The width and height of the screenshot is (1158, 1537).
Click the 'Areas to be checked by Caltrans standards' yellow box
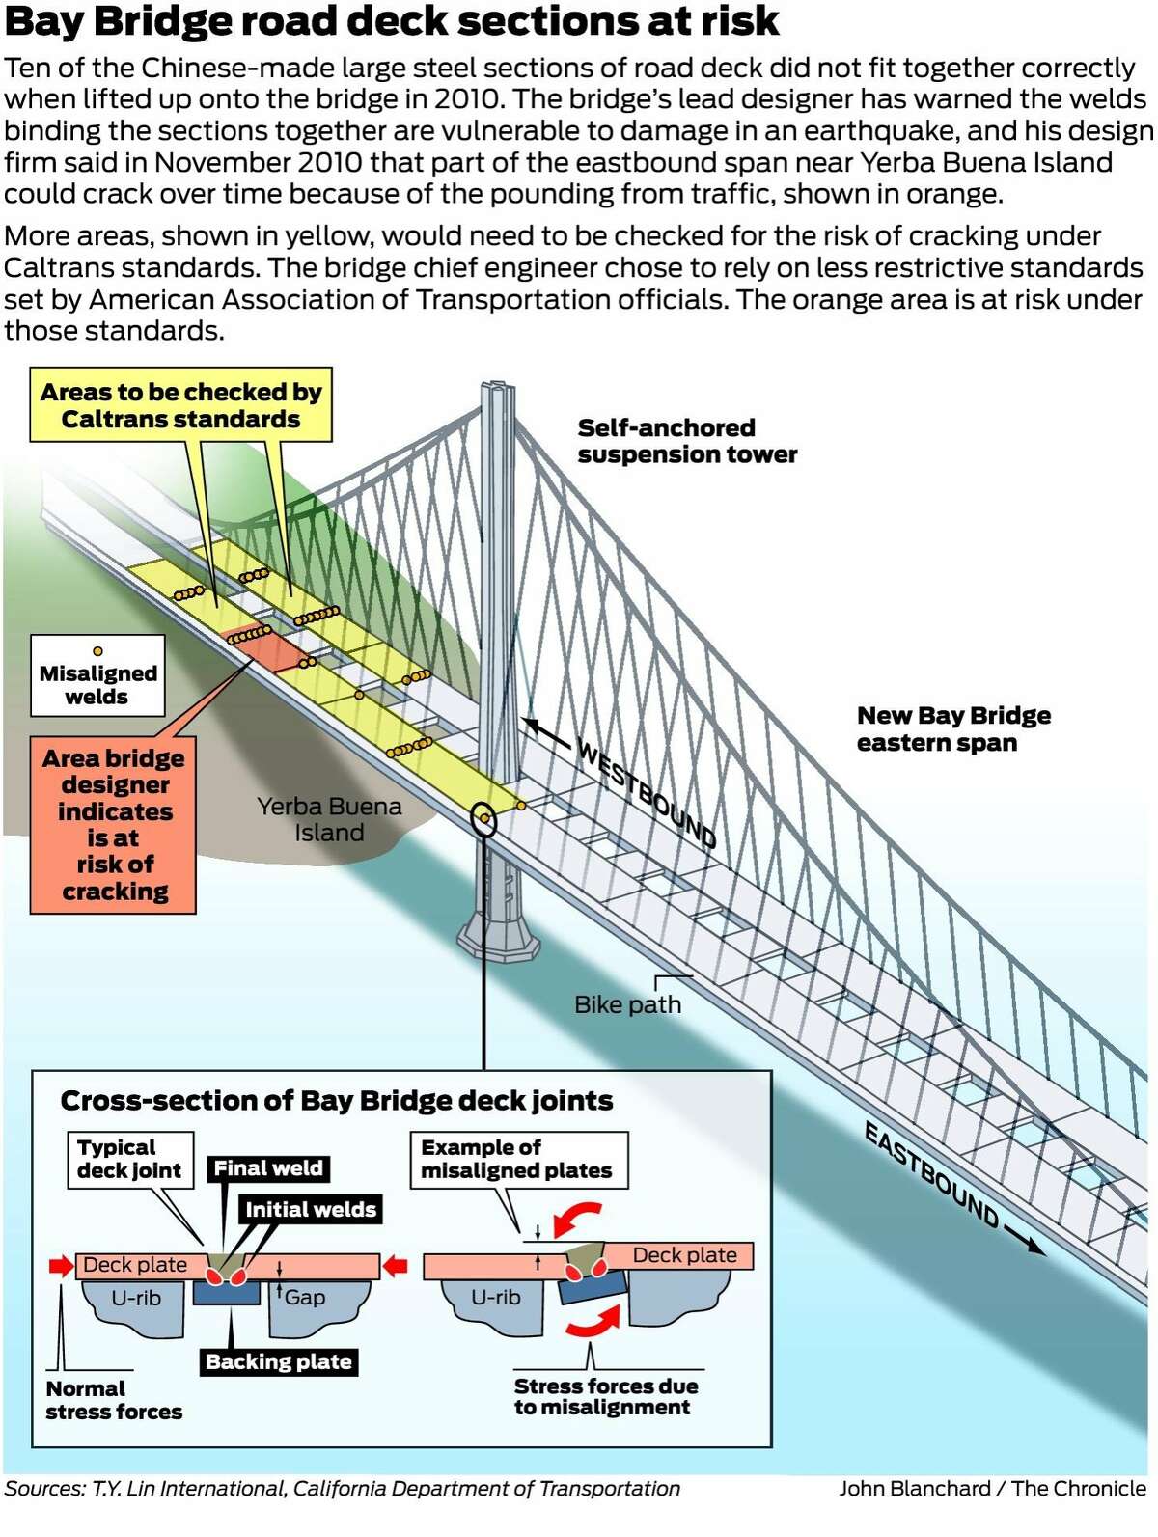[181, 405]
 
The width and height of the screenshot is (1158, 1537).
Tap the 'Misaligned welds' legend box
[97, 676]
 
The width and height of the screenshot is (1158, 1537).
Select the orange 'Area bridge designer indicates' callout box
[114, 825]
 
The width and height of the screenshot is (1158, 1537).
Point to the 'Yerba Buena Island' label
[329, 819]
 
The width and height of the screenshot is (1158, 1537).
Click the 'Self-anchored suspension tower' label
[687, 441]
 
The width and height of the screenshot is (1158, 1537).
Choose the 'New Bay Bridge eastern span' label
[953, 728]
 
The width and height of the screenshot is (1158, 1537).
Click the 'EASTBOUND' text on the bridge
[931, 1174]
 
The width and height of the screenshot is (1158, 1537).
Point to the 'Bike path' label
[627, 1004]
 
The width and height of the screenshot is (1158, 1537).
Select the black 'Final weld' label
[268, 1168]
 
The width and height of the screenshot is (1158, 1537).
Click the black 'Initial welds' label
[310, 1210]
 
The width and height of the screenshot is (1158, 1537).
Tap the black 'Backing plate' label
[278, 1362]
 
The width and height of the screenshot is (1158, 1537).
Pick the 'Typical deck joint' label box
[129, 1159]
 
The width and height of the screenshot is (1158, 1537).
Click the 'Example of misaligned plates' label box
[517, 1159]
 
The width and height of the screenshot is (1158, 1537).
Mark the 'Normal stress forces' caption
[113, 1400]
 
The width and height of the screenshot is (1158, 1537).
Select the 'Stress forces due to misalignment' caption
[605, 1396]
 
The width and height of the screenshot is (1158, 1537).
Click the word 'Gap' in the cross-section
[305, 1298]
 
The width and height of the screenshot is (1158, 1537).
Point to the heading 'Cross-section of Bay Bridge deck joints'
[336, 1101]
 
